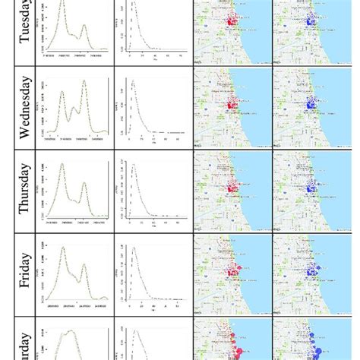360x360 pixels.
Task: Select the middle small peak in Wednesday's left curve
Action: [73, 107]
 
